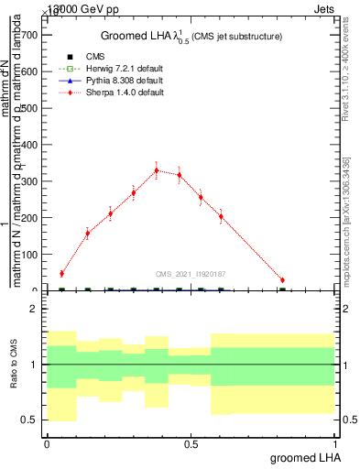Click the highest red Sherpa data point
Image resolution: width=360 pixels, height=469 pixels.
click(157, 170)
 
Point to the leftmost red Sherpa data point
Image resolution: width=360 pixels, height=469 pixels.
click(61, 273)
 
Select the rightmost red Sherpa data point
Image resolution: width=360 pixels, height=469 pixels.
click(282, 280)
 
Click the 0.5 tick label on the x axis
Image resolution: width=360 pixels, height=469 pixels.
click(191, 444)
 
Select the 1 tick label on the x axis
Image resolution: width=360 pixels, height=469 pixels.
click(335, 444)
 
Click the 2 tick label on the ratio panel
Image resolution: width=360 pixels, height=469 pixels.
click(33, 309)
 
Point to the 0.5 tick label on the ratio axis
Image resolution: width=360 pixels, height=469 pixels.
click(29, 420)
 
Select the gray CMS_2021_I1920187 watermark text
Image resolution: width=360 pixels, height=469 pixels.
click(190, 273)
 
